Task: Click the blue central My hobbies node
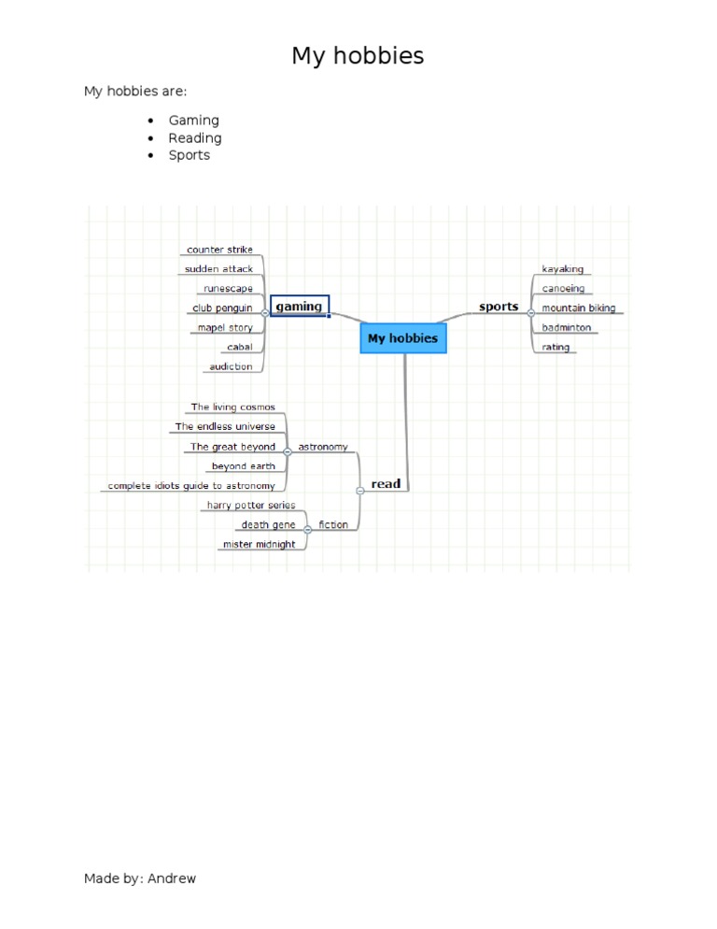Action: [x=403, y=338]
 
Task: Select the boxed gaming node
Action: [x=300, y=306]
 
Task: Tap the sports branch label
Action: [x=499, y=307]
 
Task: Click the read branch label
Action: [x=386, y=483]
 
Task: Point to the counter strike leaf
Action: [x=219, y=250]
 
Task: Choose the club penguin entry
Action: [x=222, y=308]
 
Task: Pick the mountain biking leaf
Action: [x=579, y=308]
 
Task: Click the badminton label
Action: [x=567, y=327]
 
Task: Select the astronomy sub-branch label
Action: [x=323, y=447]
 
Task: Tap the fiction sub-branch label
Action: [x=333, y=524]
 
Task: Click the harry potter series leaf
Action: [x=251, y=505]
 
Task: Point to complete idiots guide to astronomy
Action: [x=191, y=486]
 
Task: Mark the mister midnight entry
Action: [x=259, y=544]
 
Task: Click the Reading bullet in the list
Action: [x=195, y=138]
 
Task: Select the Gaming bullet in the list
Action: [x=193, y=121]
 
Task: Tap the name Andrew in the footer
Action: [x=172, y=878]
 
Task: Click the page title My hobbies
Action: [x=358, y=56]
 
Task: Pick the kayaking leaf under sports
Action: [x=562, y=269]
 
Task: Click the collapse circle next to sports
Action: [x=531, y=313]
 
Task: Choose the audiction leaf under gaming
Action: [x=231, y=366]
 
